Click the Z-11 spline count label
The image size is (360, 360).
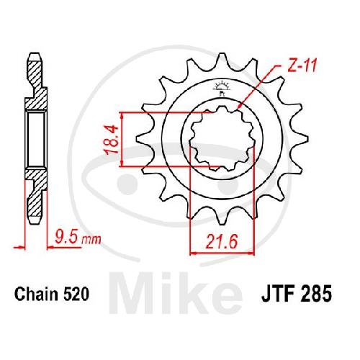click(x=302, y=66)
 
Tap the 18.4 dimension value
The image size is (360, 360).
click(x=112, y=140)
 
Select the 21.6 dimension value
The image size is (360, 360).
click(x=222, y=242)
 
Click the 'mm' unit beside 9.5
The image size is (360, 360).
click(x=91, y=239)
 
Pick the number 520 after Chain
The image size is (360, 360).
click(x=76, y=294)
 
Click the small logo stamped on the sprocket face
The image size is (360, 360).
click(x=221, y=88)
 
